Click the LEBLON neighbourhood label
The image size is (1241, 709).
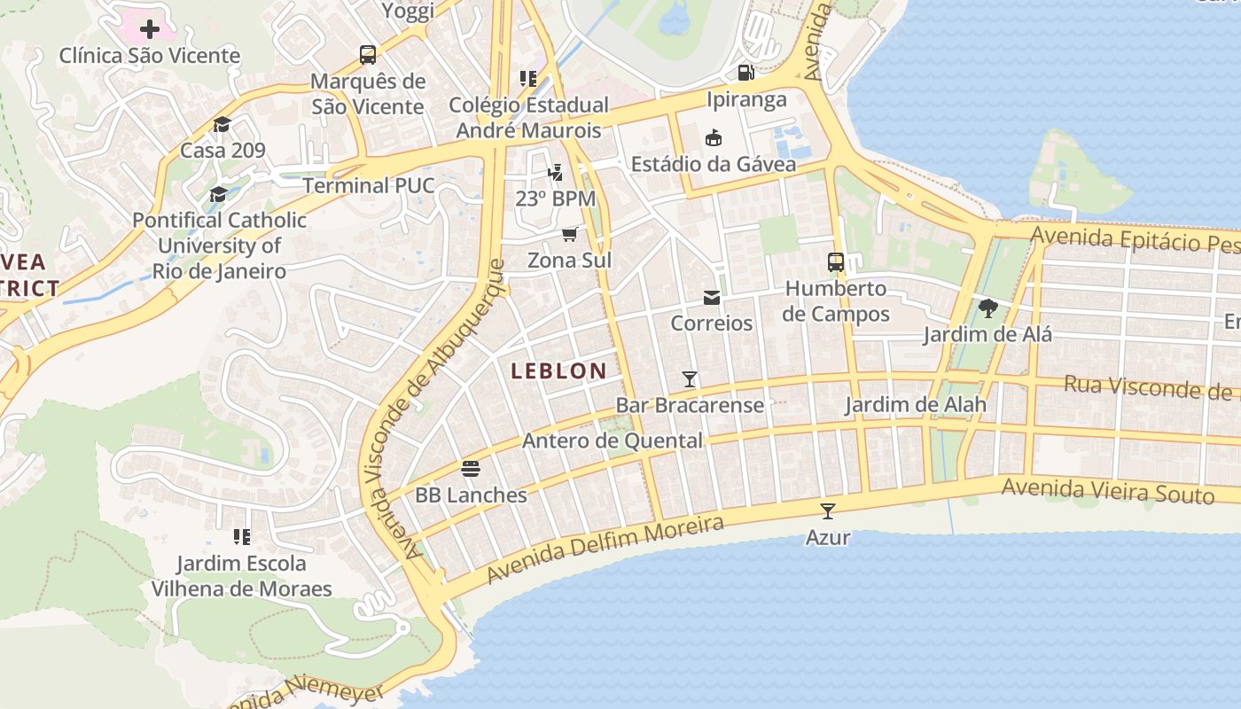[x=558, y=371]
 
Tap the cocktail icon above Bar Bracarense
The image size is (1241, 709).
[x=690, y=379]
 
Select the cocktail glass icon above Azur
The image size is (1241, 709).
[x=828, y=510]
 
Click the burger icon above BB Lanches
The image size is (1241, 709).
[x=471, y=468]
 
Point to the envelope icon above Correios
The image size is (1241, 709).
[x=712, y=297]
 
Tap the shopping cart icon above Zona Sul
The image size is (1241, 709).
[x=569, y=234]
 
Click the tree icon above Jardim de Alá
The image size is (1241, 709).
[x=987, y=308]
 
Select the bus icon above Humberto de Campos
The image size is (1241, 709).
[x=836, y=261]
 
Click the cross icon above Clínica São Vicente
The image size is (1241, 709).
[x=150, y=29]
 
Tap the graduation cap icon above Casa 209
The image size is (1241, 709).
[x=222, y=124]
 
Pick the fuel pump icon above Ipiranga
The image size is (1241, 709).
[x=746, y=73]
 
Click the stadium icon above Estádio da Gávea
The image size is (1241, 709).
[x=713, y=137]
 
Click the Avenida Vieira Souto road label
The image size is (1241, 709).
[x=1107, y=490]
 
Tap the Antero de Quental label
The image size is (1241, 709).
[x=612, y=440]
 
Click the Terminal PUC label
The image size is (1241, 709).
[x=368, y=185]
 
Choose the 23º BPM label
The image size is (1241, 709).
[x=556, y=198]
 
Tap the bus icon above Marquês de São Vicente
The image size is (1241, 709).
[x=368, y=55]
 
